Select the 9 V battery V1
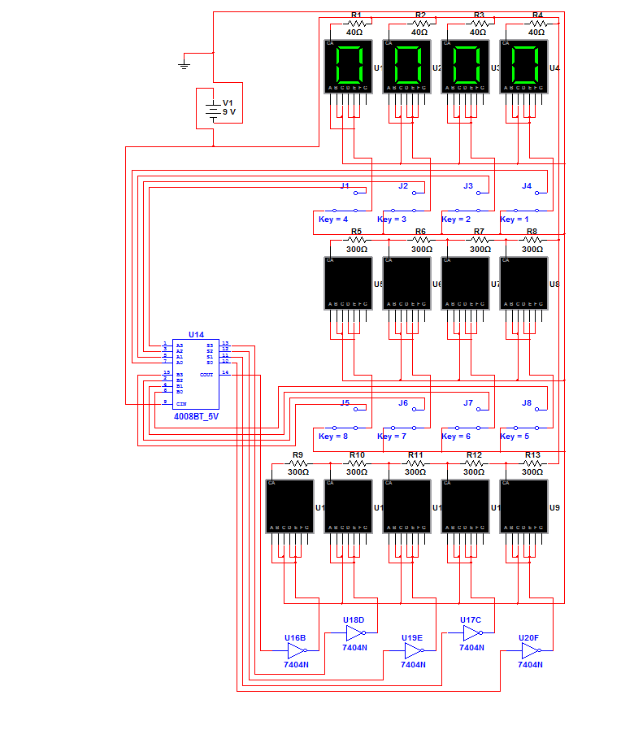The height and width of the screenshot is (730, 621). [x=213, y=110]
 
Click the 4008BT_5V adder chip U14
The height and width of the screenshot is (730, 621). [x=195, y=374]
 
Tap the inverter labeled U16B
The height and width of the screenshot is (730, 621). [x=296, y=650]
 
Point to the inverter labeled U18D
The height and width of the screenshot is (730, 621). [x=354, y=633]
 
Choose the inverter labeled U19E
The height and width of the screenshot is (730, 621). [x=413, y=650]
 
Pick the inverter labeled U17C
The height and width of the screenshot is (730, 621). [x=471, y=633]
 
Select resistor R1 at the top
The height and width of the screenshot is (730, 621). [x=356, y=24]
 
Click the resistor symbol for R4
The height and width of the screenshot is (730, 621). [x=536, y=24]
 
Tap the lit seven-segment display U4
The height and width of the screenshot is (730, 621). [x=523, y=66]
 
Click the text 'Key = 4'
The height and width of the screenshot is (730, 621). [x=333, y=219]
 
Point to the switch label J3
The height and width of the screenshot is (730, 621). [x=468, y=186]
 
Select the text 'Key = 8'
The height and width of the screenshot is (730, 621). [x=333, y=437]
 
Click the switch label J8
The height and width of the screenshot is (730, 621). [x=527, y=403]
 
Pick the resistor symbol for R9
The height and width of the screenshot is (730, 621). [x=297, y=463]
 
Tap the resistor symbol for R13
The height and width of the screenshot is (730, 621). [x=532, y=463]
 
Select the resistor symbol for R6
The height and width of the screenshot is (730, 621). [x=420, y=241]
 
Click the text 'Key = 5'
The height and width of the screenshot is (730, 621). [x=514, y=437]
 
